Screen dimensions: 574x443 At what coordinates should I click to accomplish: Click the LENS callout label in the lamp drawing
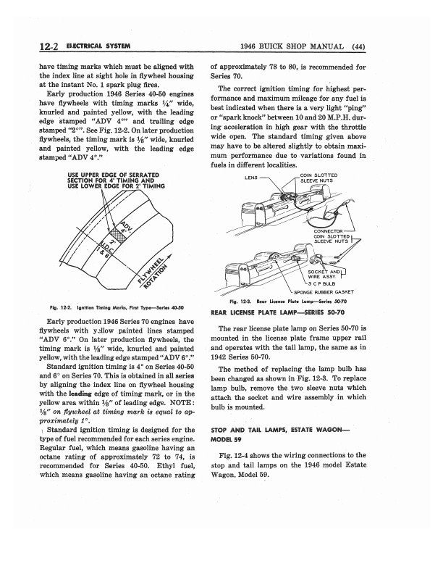click(253, 177)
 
